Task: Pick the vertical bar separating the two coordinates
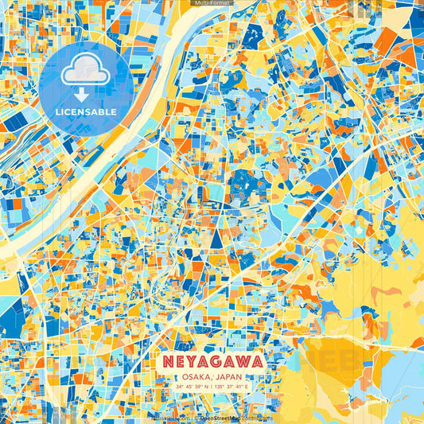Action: [x=212, y=387]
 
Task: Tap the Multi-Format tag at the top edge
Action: [x=212, y=3]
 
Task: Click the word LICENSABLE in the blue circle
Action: [x=85, y=112]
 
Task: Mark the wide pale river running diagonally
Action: [x=119, y=135]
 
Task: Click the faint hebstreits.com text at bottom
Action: [x=167, y=417]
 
